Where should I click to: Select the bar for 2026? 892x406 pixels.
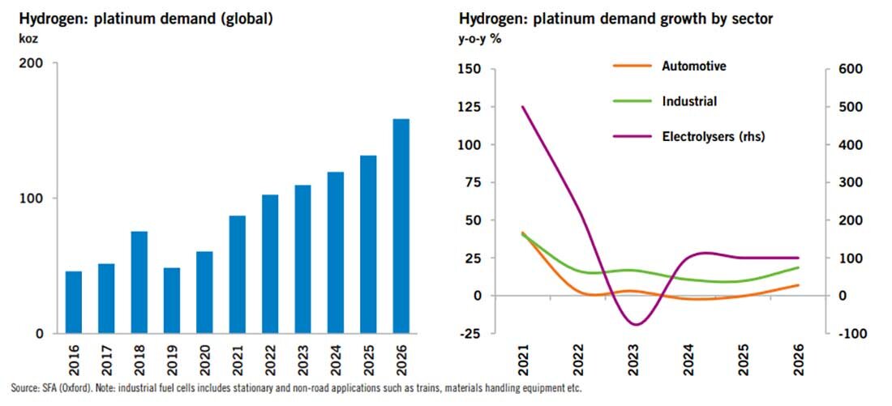pos(401,226)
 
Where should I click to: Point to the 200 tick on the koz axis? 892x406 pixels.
pos(36,63)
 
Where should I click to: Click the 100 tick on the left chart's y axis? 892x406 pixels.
pos(36,199)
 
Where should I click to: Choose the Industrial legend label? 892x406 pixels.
pos(689,101)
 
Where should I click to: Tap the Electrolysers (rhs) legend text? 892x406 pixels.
pos(714,136)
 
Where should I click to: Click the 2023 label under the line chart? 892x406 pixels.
pos(634,356)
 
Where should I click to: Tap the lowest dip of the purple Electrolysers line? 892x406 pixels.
pos(634,325)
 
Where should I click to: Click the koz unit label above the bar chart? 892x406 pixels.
pos(15,37)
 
